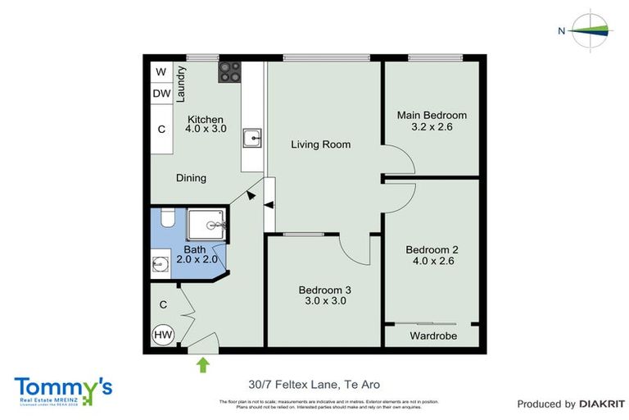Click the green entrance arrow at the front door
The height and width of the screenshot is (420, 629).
pos(202,363)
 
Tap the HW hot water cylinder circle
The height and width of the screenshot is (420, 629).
pos(162,335)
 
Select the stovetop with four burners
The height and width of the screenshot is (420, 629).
pos(229,71)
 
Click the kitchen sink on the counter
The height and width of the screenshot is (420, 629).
pos(254,137)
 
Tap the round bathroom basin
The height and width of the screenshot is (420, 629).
pos(160,265)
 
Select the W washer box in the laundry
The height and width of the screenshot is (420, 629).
pos(161,72)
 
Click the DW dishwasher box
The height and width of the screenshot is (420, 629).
pos(161,94)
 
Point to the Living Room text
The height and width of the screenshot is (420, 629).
pos(321,144)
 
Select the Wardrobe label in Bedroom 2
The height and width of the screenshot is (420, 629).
pos(433,336)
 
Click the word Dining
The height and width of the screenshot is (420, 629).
pos(191,178)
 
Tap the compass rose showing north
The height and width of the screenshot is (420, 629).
pos(591,31)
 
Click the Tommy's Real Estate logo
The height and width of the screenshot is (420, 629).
pos(63,390)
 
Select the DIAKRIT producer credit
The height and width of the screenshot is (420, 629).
pos(571,404)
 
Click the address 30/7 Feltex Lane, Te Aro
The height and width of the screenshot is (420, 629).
pos(314,384)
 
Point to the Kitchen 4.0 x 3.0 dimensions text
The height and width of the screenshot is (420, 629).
pos(204,125)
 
